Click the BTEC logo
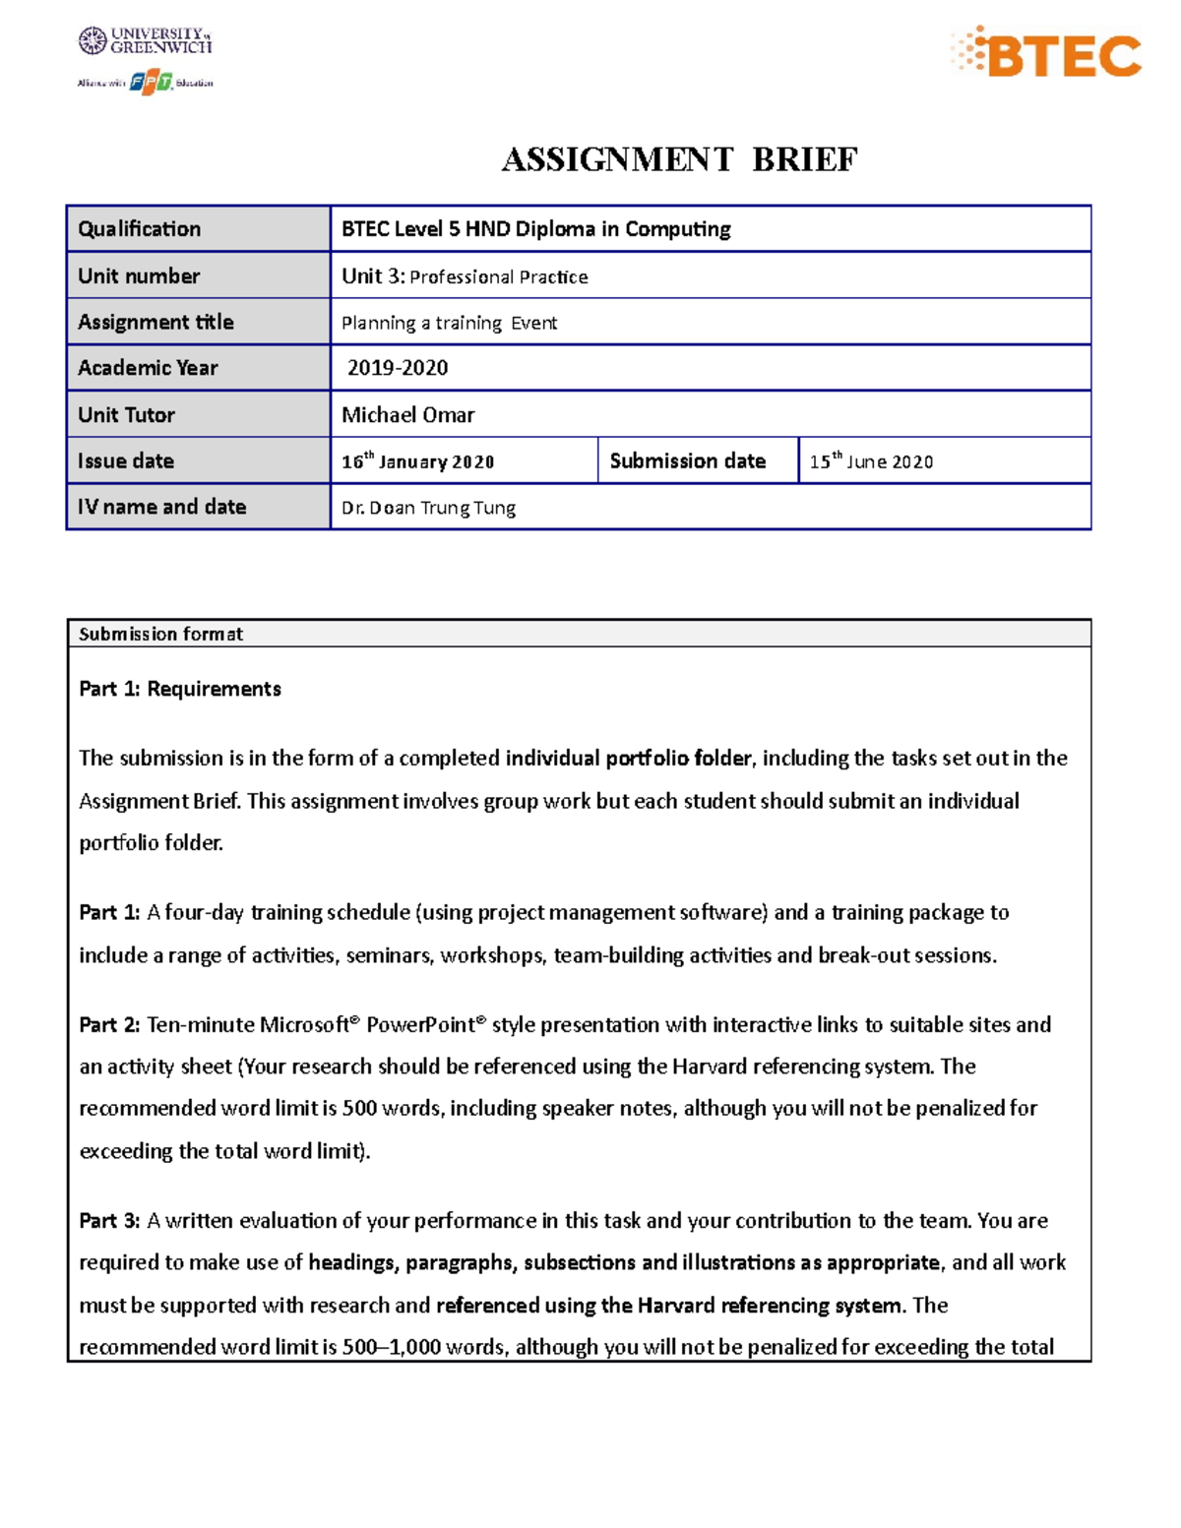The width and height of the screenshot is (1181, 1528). (x=1046, y=54)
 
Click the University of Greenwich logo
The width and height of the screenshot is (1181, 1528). (x=146, y=40)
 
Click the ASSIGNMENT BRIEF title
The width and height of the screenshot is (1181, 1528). (x=679, y=159)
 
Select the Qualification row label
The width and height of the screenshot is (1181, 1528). (x=140, y=229)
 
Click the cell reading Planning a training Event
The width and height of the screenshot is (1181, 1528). (x=449, y=323)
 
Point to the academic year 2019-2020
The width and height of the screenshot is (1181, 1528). (x=398, y=368)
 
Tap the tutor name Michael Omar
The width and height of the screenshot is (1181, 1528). (x=407, y=415)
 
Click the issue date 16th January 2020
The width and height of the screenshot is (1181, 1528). (x=417, y=461)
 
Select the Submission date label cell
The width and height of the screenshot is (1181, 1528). (x=687, y=460)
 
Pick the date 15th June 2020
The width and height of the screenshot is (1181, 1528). (x=871, y=461)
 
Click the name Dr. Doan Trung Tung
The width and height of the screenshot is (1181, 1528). (x=428, y=508)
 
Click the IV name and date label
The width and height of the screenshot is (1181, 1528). (x=162, y=507)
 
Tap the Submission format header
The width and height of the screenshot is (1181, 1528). (x=160, y=634)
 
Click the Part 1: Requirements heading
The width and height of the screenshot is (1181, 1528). (x=180, y=689)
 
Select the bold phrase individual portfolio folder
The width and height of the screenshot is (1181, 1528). (x=629, y=758)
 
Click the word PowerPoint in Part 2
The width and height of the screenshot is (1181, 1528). (x=420, y=1025)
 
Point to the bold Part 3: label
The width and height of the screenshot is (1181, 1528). (x=109, y=1221)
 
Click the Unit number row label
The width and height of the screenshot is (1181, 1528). (x=139, y=276)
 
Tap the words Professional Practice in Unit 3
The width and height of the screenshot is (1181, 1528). (x=499, y=277)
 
